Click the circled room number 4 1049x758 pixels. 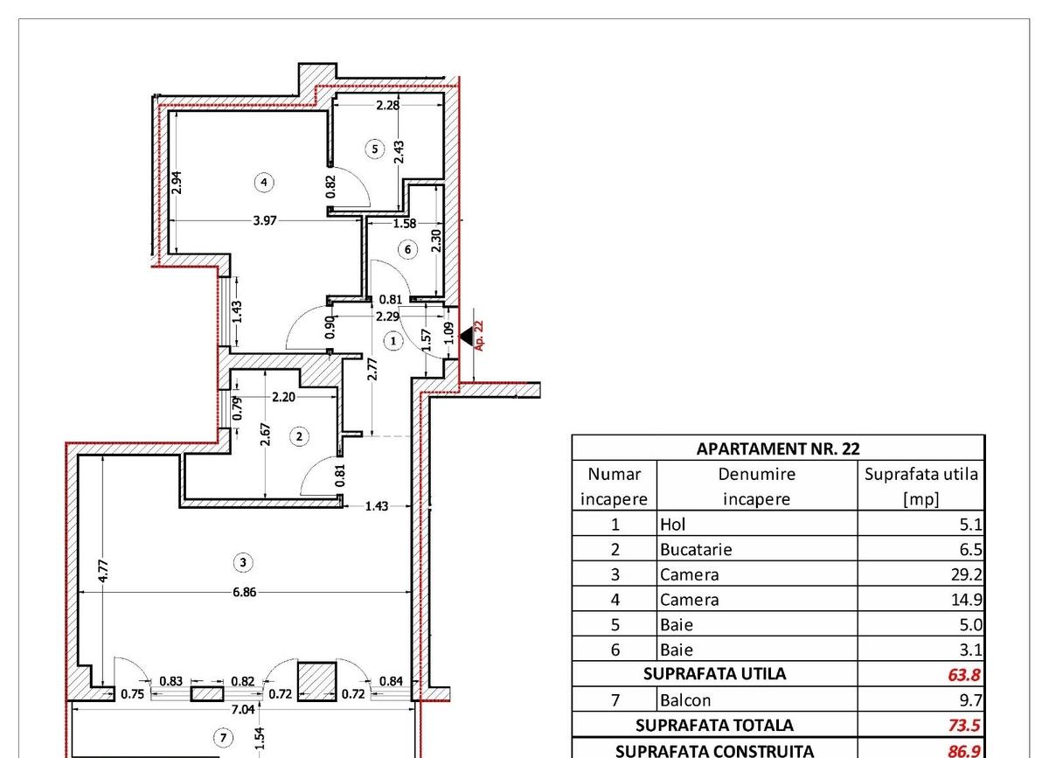click(x=264, y=182)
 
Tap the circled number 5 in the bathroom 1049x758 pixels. click(x=375, y=149)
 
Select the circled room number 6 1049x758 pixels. click(x=407, y=249)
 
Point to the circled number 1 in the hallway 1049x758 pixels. click(x=393, y=341)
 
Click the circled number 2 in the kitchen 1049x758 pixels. click(x=299, y=436)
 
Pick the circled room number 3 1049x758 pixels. click(x=243, y=562)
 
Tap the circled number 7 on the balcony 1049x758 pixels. click(x=224, y=738)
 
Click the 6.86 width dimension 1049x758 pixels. click(x=245, y=592)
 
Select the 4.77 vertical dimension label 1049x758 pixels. click(x=104, y=571)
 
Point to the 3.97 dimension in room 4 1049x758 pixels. click(x=265, y=220)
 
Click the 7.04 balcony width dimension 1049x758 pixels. click(x=243, y=709)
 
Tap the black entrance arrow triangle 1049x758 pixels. click(x=467, y=336)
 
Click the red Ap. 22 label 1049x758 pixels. click(x=479, y=336)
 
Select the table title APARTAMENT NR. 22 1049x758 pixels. click(x=778, y=449)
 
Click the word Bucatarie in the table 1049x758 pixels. click(x=696, y=549)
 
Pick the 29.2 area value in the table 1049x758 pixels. click(x=966, y=574)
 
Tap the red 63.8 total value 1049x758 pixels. click(x=963, y=675)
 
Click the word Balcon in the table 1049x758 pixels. click(x=685, y=700)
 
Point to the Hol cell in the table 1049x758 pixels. click(x=672, y=525)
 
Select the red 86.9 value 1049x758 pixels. click(x=963, y=751)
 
